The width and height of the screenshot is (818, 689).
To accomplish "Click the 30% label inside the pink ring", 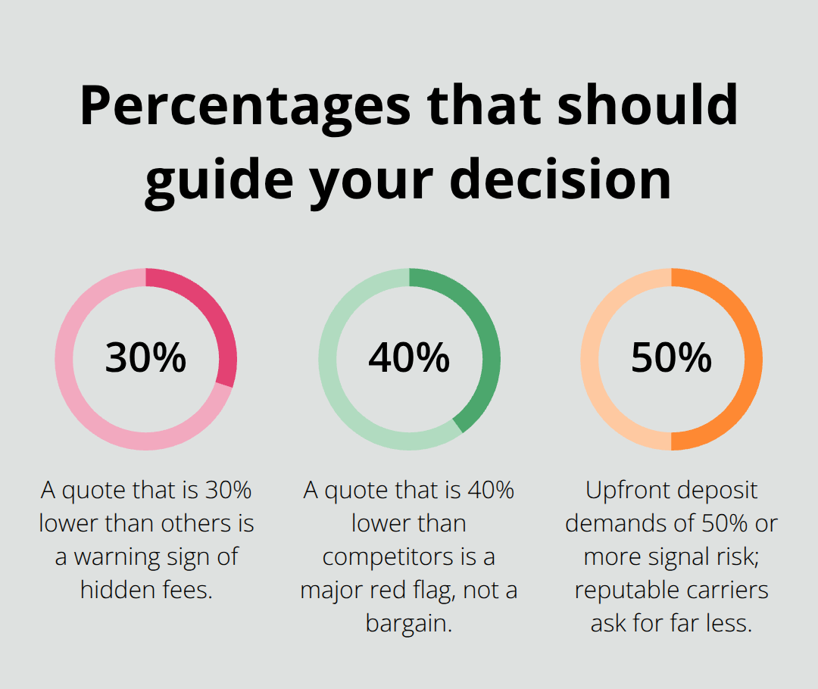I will (145, 358).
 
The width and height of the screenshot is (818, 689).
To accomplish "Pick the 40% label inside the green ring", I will (409, 358).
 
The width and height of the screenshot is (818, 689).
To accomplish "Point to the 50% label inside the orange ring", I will (672, 358).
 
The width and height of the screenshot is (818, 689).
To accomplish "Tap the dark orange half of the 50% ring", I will (754, 359).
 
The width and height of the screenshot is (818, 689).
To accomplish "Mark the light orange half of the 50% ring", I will (589, 359).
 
